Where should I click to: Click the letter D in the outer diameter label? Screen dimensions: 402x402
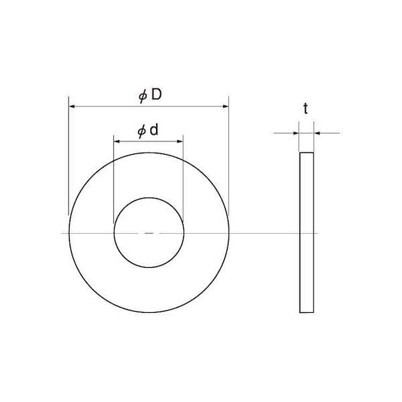click(156, 94)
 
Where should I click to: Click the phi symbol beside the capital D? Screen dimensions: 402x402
click(143, 96)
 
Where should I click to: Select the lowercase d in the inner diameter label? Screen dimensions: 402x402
click(153, 130)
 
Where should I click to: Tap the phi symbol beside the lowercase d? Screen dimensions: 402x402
click(141, 132)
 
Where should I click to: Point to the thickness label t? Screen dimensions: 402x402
click(306, 109)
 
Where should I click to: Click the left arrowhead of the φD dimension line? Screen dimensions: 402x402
click(72, 106)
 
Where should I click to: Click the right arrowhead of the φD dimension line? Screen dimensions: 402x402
click(226, 106)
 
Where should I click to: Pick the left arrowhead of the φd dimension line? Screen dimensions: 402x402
click(117, 141)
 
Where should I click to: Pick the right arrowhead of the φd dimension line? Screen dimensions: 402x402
click(180, 141)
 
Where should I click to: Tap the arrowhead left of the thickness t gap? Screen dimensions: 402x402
click(296, 133)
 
